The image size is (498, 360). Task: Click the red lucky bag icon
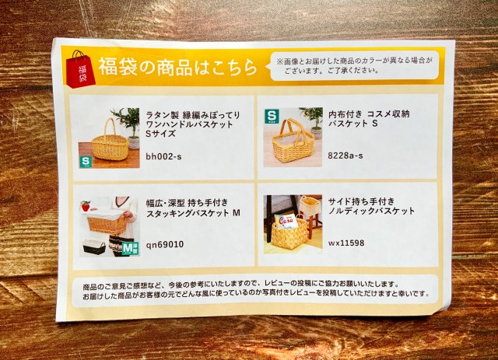click(80, 69)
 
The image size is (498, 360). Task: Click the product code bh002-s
click(163, 156)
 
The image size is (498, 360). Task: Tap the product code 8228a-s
click(345, 156)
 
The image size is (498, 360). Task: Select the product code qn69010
click(164, 244)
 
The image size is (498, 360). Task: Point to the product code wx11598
click(346, 243)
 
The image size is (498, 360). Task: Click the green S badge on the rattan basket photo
click(86, 161)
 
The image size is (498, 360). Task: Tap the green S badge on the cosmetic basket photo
click(272, 116)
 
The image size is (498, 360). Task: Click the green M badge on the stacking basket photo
click(130, 249)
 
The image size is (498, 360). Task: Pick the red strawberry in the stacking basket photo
click(86, 206)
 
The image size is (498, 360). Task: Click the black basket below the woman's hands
click(94, 246)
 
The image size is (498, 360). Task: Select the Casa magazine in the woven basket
click(286, 222)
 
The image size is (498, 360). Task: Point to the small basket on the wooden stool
click(308, 206)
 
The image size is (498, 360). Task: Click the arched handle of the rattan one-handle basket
click(110, 128)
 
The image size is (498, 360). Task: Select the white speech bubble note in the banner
click(354, 65)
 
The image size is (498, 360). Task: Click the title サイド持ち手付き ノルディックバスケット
click(371, 206)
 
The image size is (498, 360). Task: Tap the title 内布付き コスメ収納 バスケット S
click(369, 119)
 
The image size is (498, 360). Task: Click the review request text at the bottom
click(255, 289)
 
